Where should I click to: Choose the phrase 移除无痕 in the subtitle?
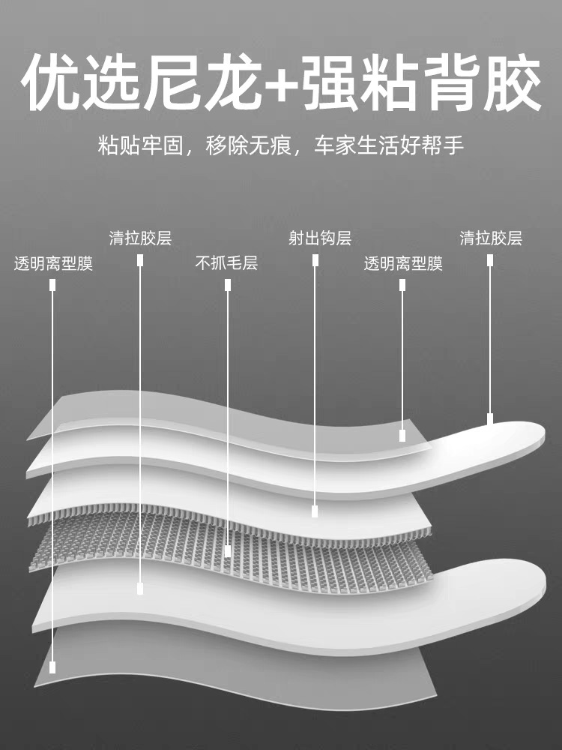[x=248, y=145]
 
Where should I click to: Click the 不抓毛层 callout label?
[x=226, y=263]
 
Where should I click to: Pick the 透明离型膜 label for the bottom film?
[x=53, y=263]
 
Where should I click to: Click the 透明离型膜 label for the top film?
[x=403, y=263]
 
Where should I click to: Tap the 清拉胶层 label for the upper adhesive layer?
[x=491, y=238]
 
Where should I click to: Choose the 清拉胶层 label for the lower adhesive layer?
[x=140, y=238]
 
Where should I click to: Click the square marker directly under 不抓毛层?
[x=228, y=284]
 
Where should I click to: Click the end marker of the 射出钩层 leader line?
[x=315, y=511]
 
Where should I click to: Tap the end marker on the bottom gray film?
[x=53, y=666]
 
